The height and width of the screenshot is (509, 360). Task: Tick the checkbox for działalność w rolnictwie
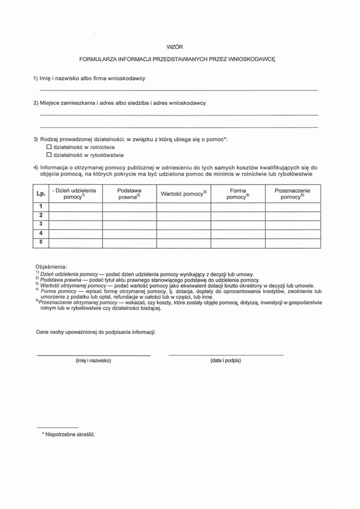point(50,146)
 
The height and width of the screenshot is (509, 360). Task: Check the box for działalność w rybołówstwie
point(50,155)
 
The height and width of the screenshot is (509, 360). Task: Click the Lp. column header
point(40,193)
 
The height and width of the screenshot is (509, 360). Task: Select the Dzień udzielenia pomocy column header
point(75,193)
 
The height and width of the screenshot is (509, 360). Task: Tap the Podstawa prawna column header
point(129,193)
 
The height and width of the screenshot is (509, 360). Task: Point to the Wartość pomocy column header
point(183,193)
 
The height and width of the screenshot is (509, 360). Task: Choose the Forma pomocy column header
point(238,193)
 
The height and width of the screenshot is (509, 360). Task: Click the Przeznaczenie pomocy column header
point(292,193)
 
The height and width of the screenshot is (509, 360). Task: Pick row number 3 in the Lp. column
point(40,224)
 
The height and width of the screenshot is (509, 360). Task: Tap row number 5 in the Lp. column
point(40,242)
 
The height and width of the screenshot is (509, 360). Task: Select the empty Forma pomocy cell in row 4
point(238,233)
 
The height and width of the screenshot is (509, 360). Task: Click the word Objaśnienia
point(52,265)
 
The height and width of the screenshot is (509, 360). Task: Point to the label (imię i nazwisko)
point(93,361)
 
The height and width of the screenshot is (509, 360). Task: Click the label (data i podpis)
point(226,361)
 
